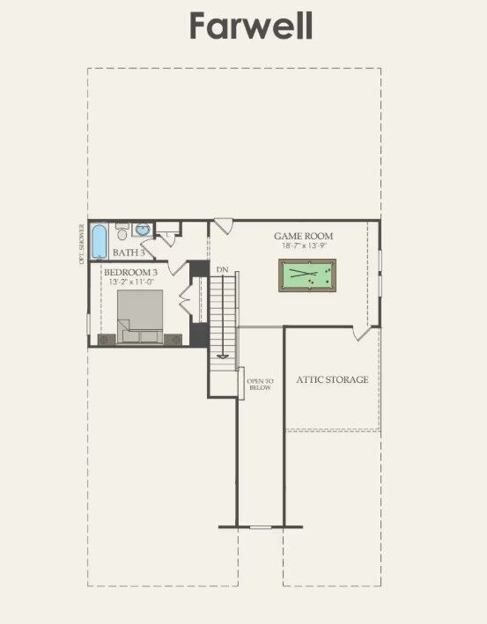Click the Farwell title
[251, 26]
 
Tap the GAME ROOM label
[303, 236]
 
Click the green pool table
[309, 275]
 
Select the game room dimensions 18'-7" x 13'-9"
[303, 247]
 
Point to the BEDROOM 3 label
[130, 272]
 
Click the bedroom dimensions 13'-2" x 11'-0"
[130, 283]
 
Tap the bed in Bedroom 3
[139, 315]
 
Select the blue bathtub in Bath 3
[100, 239]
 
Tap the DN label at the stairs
[222, 268]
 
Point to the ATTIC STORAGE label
[332, 380]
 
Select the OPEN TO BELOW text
[260, 384]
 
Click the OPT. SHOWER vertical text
[82, 244]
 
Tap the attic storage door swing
[362, 334]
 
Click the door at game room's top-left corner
[220, 227]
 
